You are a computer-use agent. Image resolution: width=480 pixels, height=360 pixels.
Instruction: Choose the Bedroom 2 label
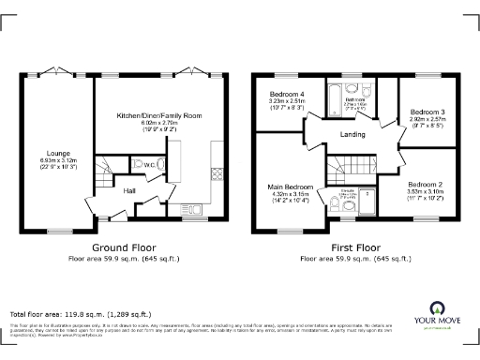point(425,184)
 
